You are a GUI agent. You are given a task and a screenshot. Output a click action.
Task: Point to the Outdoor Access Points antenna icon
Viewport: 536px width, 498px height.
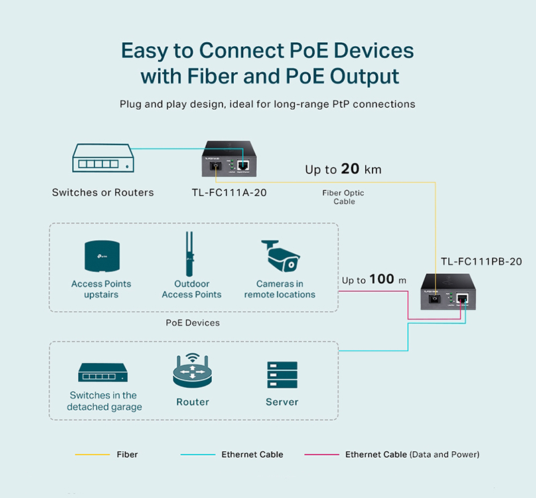(x=191, y=254)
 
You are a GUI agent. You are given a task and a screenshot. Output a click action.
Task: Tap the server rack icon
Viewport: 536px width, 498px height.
(x=281, y=375)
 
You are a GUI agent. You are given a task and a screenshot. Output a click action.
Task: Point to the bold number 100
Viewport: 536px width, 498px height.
(x=382, y=279)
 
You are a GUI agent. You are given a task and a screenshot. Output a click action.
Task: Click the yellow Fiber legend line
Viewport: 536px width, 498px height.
(x=92, y=454)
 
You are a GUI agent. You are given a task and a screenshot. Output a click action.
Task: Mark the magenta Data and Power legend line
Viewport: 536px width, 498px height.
(x=321, y=454)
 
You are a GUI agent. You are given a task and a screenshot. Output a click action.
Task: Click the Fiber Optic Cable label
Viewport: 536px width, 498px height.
(x=343, y=197)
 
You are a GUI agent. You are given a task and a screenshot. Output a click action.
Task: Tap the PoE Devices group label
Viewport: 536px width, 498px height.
(x=193, y=323)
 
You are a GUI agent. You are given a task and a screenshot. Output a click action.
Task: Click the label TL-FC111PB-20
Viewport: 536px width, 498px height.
(x=481, y=262)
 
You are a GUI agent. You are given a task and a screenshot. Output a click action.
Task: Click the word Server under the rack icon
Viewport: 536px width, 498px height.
(x=281, y=402)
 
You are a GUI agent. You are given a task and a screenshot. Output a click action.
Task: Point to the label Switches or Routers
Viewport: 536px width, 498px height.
(x=103, y=193)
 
